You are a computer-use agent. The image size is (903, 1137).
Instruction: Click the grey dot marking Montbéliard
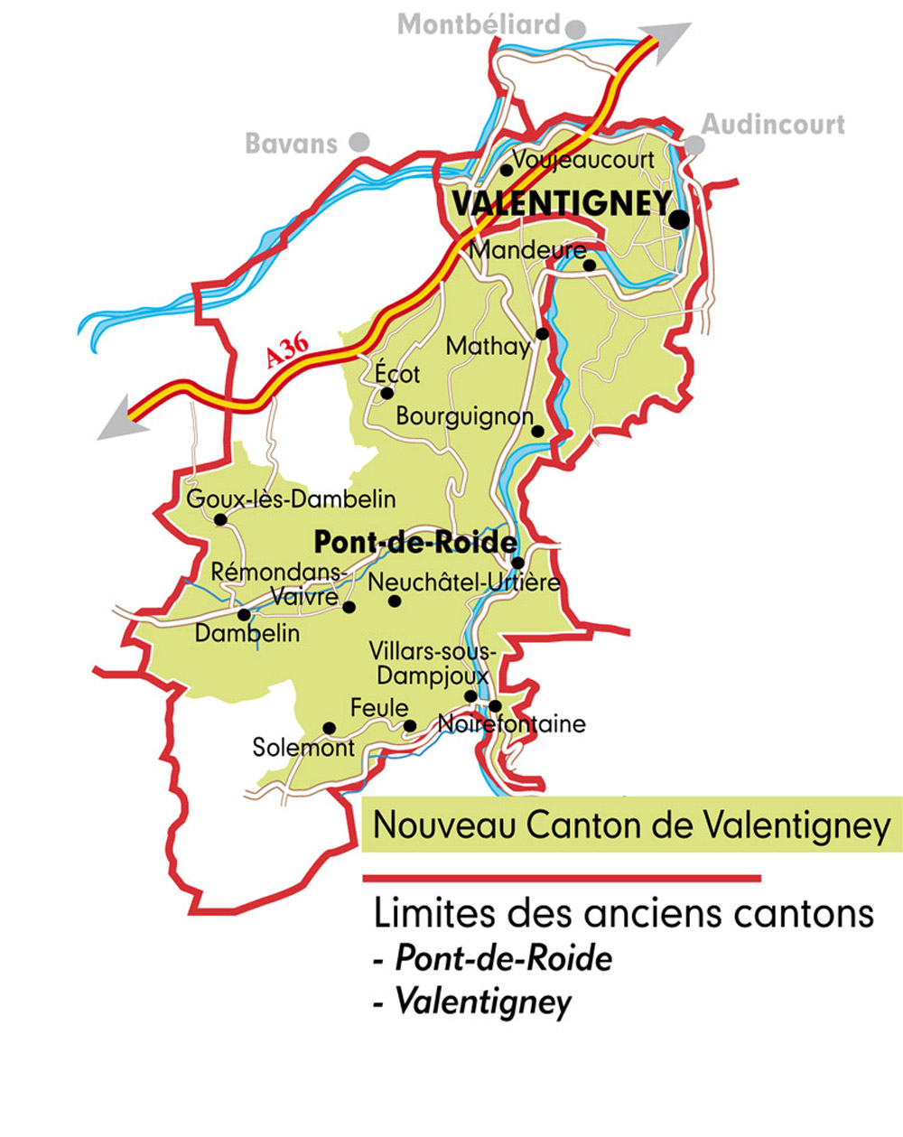(575, 28)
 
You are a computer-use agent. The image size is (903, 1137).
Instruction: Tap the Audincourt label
(773, 125)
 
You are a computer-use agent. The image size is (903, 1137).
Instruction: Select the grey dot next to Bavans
(359, 142)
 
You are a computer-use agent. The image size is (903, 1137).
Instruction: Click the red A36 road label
(288, 349)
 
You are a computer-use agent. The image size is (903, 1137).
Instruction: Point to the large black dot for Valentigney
(679, 219)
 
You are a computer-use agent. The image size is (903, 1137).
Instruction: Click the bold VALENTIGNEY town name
(561, 204)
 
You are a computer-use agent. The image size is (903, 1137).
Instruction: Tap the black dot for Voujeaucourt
(507, 170)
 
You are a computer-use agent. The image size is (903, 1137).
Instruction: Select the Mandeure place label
(527, 249)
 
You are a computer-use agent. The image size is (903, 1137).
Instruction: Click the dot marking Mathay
(543, 333)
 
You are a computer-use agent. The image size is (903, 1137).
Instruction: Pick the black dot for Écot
(386, 393)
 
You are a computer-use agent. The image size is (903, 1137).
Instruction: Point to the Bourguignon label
(465, 416)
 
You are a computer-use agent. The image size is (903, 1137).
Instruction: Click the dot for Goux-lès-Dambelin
(220, 519)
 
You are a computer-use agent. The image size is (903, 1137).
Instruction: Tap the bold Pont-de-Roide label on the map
(414, 543)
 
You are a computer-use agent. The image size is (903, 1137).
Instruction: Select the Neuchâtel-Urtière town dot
(394, 601)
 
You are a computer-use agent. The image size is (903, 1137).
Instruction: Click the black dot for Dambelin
(244, 614)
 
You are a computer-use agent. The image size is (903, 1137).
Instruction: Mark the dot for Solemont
(330, 728)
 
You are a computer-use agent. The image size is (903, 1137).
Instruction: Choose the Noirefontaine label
(511, 724)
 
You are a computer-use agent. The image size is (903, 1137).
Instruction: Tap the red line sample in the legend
(561, 878)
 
